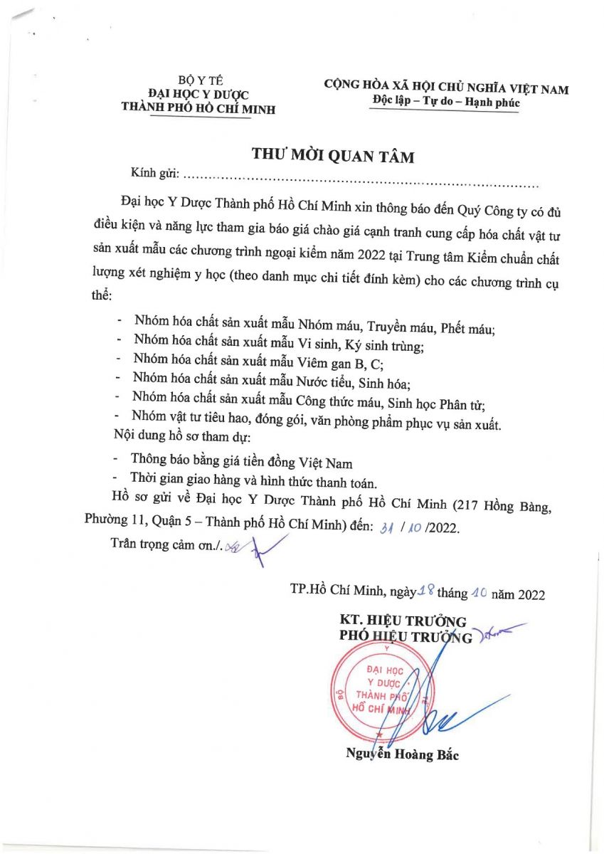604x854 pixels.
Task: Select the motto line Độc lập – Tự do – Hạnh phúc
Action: click(446, 102)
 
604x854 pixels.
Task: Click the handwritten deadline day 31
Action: click(388, 529)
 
